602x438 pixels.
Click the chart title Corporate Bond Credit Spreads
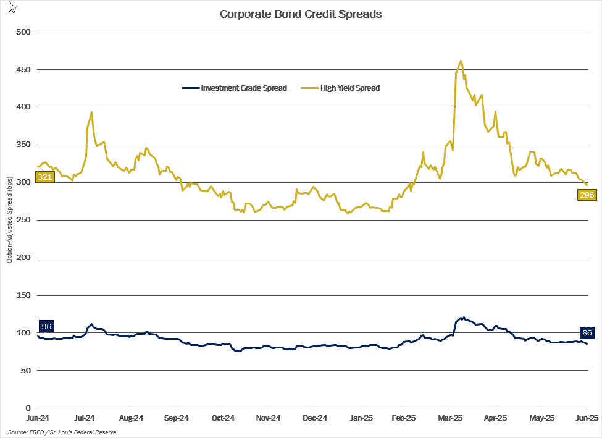(x=301, y=14)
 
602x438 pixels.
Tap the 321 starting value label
(x=45, y=177)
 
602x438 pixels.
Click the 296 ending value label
(x=587, y=195)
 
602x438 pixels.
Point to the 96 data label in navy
(x=46, y=326)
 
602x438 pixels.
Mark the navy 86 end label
(x=587, y=333)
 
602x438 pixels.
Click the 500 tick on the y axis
(x=23, y=32)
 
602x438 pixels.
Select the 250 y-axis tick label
(x=23, y=220)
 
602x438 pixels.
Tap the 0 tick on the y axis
(x=28, y=408)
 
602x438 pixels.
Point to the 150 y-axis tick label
(x=23, y=295)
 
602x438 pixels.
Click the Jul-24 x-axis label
(x=84, y=418)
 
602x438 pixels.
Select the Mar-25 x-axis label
(x=450, y=418)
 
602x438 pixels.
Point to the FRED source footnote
(x=62, y=432)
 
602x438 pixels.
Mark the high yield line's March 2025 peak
(x=461, y=61)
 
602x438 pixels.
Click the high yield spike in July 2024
(x=91, y=112)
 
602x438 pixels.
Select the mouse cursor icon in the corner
(x=12, y=8)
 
